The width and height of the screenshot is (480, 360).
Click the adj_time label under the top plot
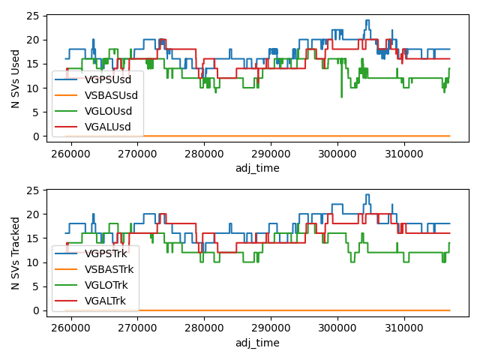(256, 168)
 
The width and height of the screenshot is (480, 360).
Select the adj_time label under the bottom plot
(256, 342)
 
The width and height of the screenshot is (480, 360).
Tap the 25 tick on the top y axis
(30, 16)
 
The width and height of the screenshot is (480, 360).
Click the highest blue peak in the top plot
(367, 21)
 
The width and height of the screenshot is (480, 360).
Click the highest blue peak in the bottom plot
(367, 195)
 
